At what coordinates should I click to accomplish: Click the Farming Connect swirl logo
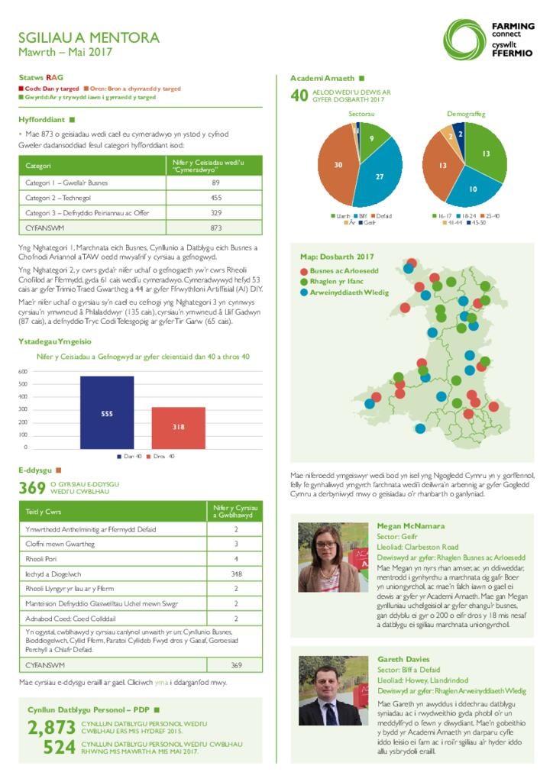coord(465,40)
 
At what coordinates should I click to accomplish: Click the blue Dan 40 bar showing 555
coord(107,412)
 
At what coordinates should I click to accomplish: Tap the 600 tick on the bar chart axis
coord(23,372)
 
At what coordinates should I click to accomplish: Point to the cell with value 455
coord(215,198)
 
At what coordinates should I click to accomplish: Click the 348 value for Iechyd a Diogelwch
coord(236,573)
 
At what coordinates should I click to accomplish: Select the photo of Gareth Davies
coord(332,690)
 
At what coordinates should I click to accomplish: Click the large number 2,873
coord(52,727)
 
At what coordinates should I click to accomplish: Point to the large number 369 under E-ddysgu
coord(32,488)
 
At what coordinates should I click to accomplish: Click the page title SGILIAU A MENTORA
coord(89,37)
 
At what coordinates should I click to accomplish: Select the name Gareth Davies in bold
coord(403,658)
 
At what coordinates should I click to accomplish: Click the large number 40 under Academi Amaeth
coord(299,96)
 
